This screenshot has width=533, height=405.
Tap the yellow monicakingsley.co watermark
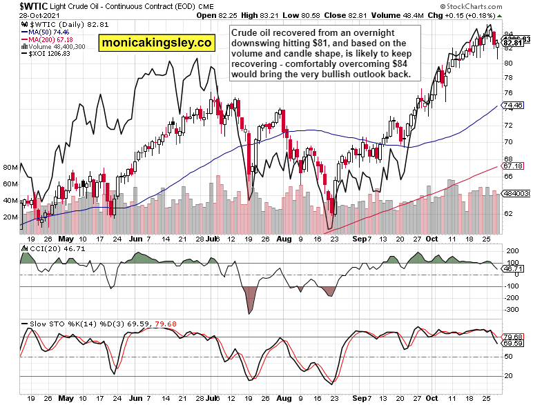tap(156, 43)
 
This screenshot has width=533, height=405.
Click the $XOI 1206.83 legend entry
tap(49, 55)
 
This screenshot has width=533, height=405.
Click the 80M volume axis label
tap(10, 168)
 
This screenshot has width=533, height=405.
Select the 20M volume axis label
tap(10, 217)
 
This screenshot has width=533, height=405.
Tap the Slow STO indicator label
tap(41, 322)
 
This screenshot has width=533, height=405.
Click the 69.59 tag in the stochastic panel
tap(512, 343)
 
